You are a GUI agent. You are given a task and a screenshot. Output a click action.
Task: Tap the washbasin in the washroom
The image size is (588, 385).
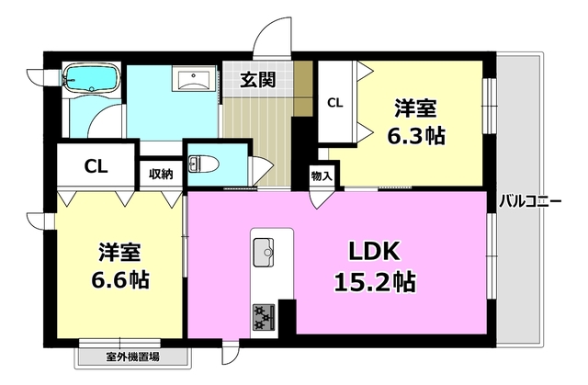(x=194, y=79)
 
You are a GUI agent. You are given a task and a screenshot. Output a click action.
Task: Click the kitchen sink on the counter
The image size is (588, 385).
(x=262, y=248)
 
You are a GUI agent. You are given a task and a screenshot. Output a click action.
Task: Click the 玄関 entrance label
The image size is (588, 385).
(x=258, y=80)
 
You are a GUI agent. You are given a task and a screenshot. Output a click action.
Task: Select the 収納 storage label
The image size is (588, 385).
(x=161, y=173)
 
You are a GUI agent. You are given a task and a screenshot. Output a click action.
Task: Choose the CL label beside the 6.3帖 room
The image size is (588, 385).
(x=336, y=103)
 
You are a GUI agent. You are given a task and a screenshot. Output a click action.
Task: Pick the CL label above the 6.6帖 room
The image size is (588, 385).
(x=95, y=167)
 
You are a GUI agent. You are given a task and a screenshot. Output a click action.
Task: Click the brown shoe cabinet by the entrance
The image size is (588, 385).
(x=302, y=88)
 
